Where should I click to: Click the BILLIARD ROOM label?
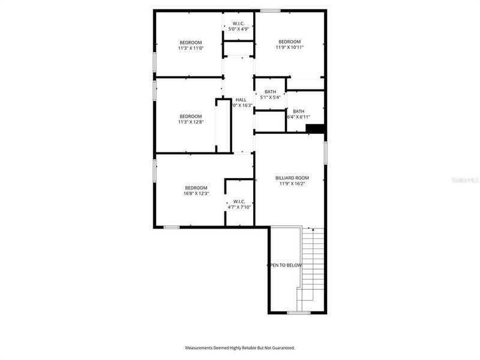pos(292,178)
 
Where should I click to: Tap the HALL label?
pos(241,100)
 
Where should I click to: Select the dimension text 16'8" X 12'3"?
pos(196,194)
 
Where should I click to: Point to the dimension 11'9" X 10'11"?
pos(290,47)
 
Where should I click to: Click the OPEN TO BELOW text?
pos(284,265)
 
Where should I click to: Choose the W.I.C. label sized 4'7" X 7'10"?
pos(239,202)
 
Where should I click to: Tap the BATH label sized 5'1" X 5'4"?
pos(271,92)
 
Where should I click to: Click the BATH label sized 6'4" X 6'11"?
pos(299,111)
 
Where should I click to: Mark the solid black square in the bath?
pos(315,128)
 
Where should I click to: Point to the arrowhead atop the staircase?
pos(313,230)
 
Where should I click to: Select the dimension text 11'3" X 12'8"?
pos(191,122)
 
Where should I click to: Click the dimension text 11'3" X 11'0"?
pos(191,48)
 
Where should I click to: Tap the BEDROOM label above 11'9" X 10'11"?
pos(290,41)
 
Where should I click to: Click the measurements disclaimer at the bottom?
pos(239,347)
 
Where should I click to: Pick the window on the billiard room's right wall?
pos(325,152)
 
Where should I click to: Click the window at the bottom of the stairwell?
pos(298,313)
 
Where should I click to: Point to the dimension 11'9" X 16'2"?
pos(292,184)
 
